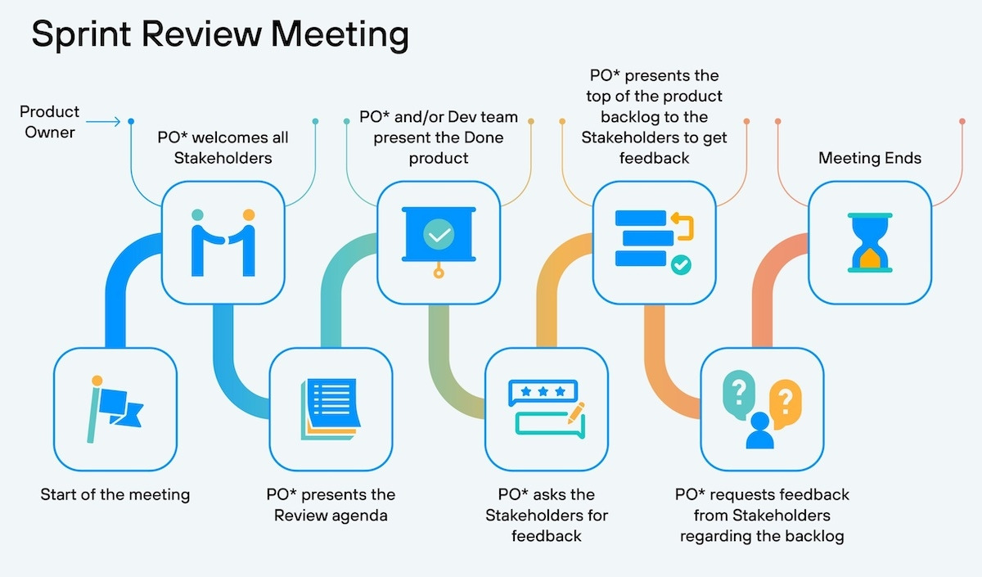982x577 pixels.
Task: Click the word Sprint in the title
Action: (x=82, y=35)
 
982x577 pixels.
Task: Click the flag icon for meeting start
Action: (x=115, y=409)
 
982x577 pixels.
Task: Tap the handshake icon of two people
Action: (x=223, y=242)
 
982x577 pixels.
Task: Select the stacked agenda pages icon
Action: (x=331, y=409)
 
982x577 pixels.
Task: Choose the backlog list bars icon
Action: (x=654, y=242)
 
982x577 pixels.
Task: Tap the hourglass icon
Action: (x=870, y=242)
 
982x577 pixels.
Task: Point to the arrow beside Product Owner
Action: (x=103, y=121)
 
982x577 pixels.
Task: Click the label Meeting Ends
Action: (x=870, y=158)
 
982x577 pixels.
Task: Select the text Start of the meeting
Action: (x=115, y=494)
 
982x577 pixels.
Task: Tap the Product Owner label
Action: (x=50, y=122)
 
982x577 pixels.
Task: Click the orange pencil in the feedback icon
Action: (x=576, y=412)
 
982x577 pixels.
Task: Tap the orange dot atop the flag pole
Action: (x=97, y=381)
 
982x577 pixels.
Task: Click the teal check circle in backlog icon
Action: (x=681, y=265)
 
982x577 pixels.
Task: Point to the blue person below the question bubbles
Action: (x=759, y=430)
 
